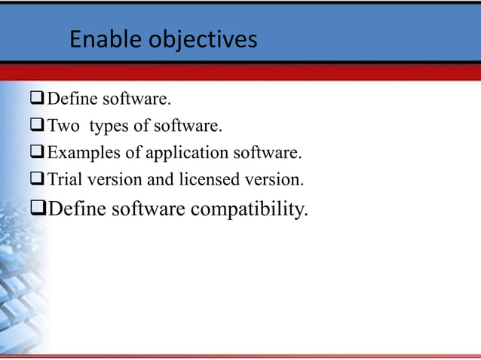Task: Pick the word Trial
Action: [x=66, y=180]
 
